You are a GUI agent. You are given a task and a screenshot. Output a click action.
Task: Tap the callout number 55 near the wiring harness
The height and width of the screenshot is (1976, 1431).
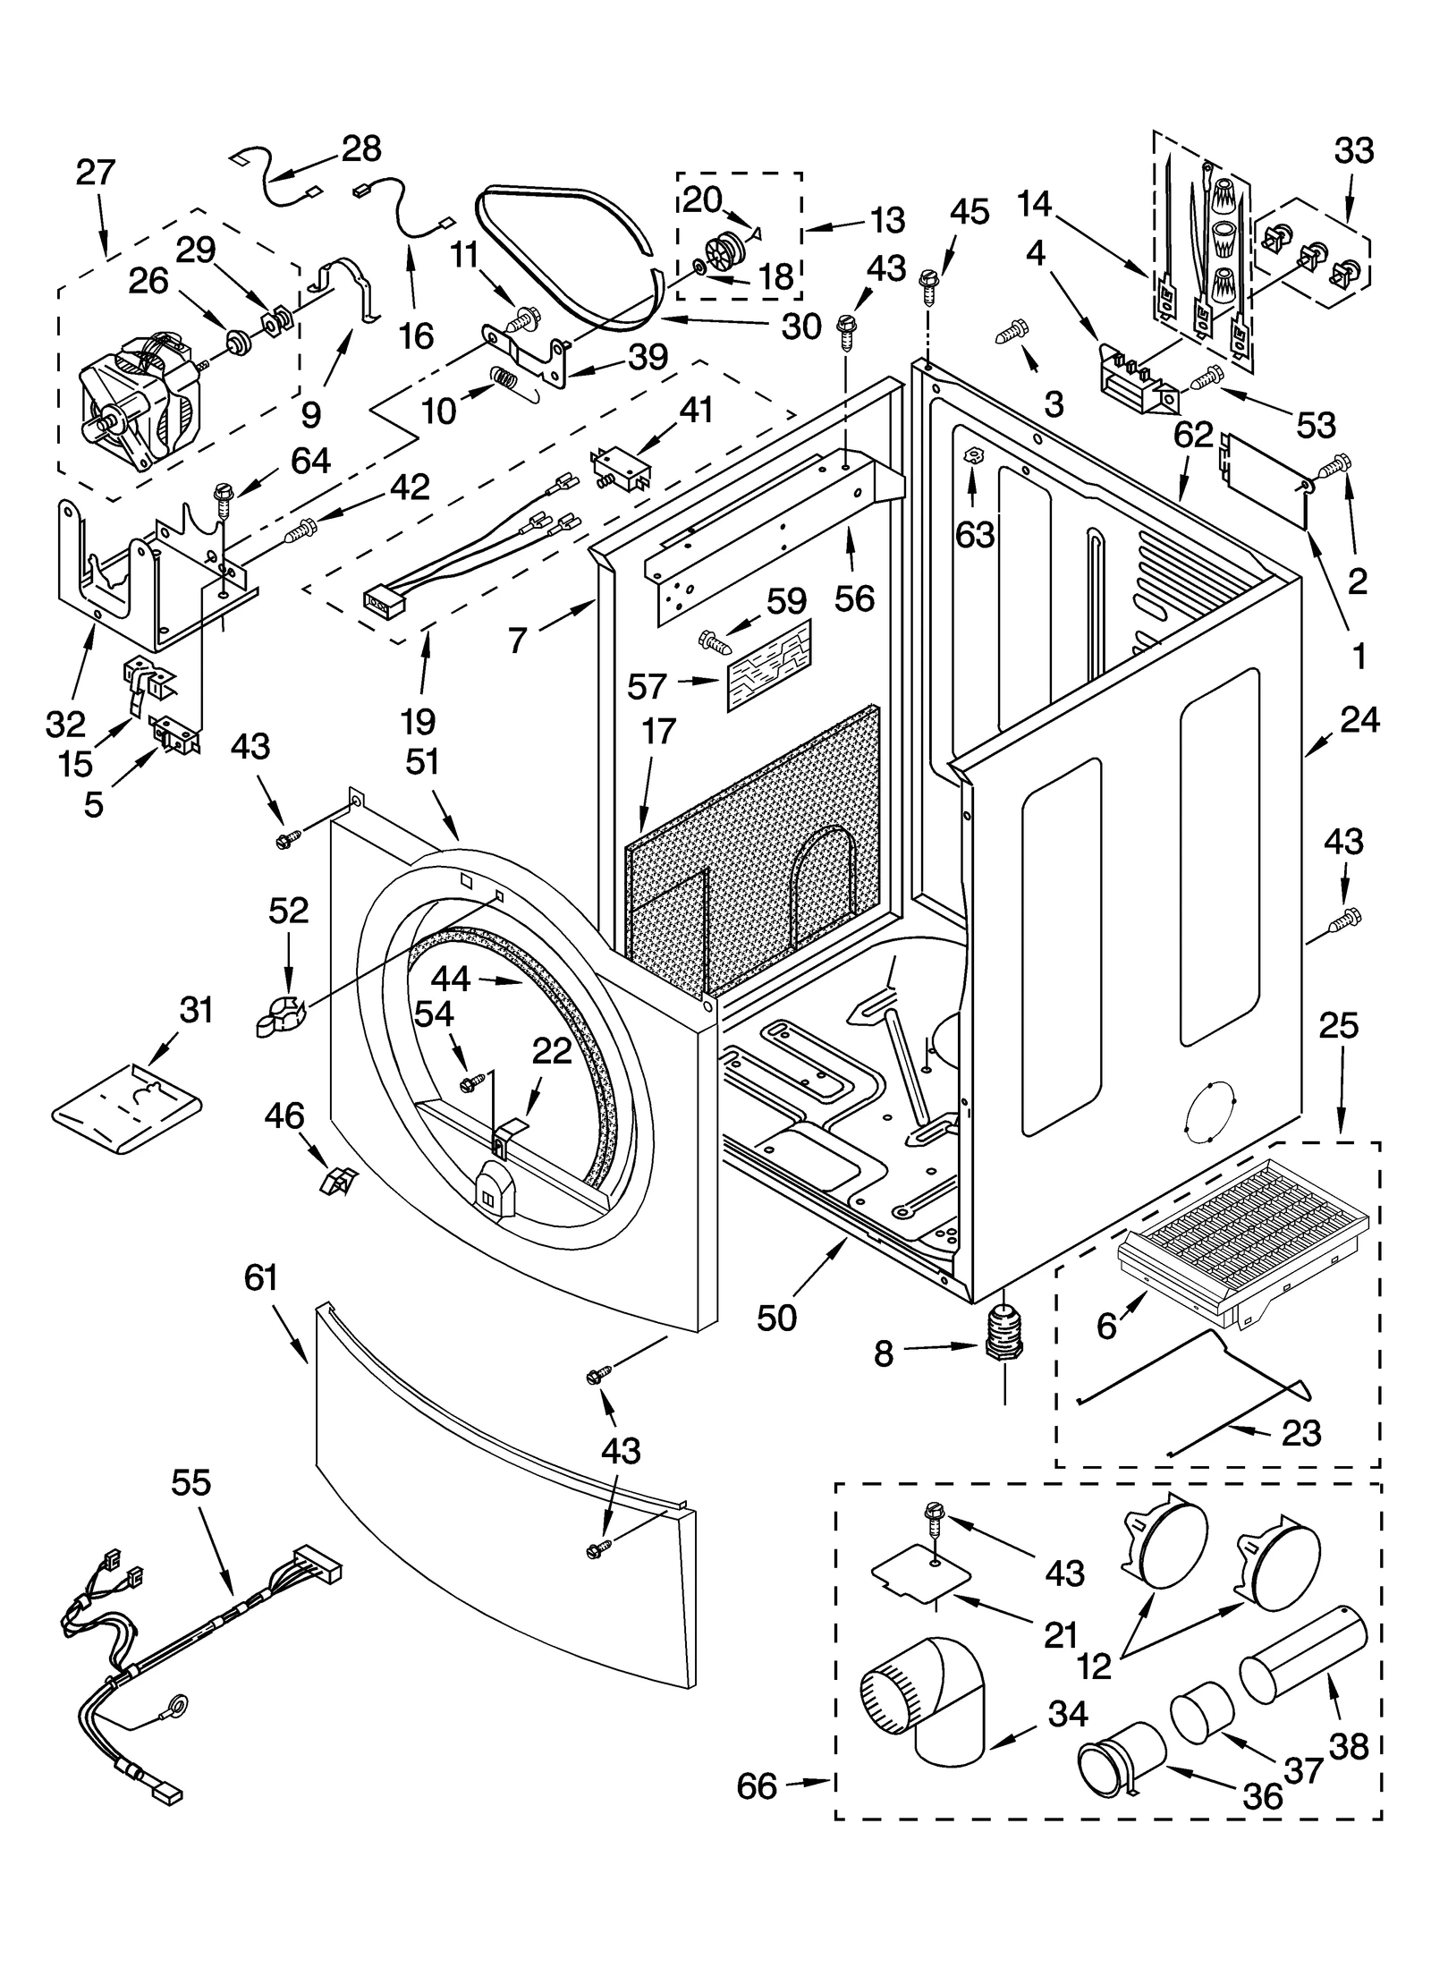191,1483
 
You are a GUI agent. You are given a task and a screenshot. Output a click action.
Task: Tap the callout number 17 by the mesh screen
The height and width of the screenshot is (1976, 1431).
658,732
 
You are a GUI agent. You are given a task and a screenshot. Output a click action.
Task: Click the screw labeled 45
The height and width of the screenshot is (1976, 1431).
928,284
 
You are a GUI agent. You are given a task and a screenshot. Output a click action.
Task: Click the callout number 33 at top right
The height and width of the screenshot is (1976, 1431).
1353,151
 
